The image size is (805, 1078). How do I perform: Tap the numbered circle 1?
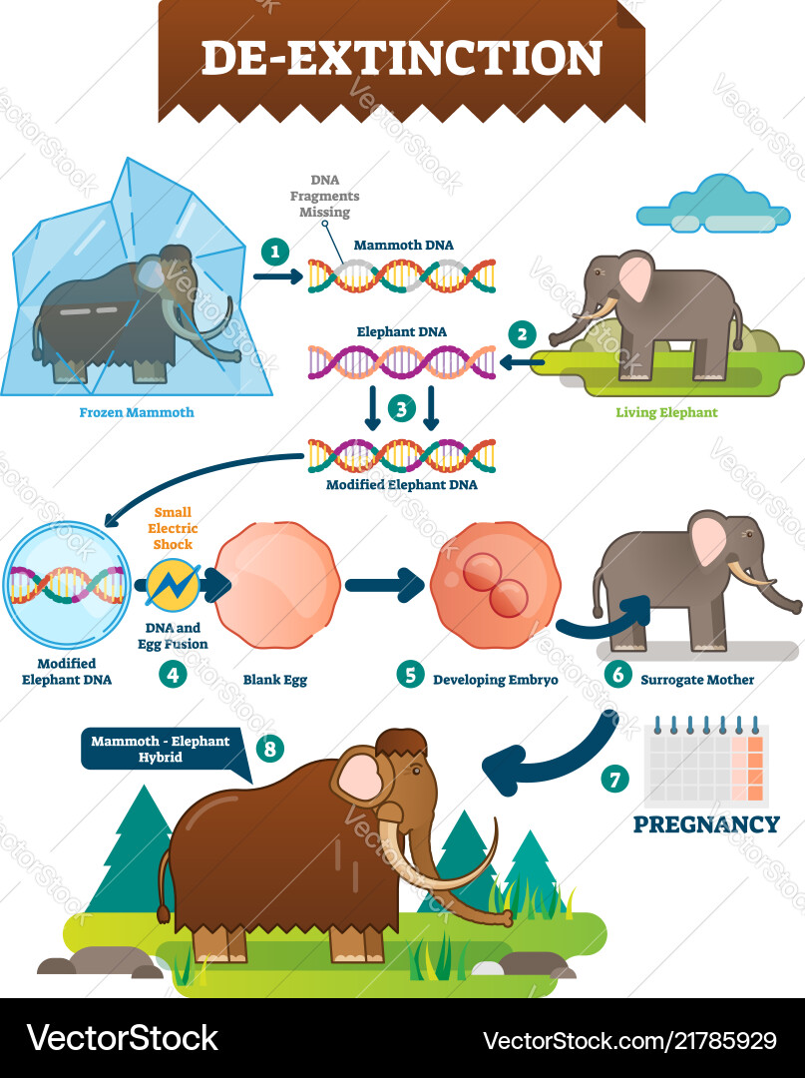coord(273,252)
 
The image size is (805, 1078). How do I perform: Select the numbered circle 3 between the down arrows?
coord(401,406)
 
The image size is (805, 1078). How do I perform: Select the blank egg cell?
coord(278,585)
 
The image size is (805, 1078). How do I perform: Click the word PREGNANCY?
coord(706,824)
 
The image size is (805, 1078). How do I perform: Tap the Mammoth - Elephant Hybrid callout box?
coord(161,750)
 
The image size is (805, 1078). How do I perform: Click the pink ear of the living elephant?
coord(635,276)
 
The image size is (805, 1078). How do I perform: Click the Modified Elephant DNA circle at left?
coord(68,584)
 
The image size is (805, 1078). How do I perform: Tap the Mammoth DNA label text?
coord(393,244)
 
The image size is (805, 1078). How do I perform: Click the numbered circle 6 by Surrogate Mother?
coord(617,674)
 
